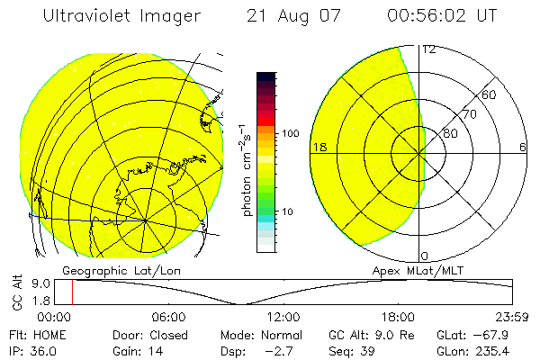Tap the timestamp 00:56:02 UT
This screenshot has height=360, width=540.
[x=442, y=17]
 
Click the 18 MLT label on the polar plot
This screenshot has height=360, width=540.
[x=319, y=147]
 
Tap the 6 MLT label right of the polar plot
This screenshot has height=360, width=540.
[x=523, y=147]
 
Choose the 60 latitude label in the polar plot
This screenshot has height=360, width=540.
[x=489, y=94]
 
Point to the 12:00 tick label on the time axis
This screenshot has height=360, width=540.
[x=283, y=317]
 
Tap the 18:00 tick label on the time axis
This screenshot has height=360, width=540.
[x=398, y=317]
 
